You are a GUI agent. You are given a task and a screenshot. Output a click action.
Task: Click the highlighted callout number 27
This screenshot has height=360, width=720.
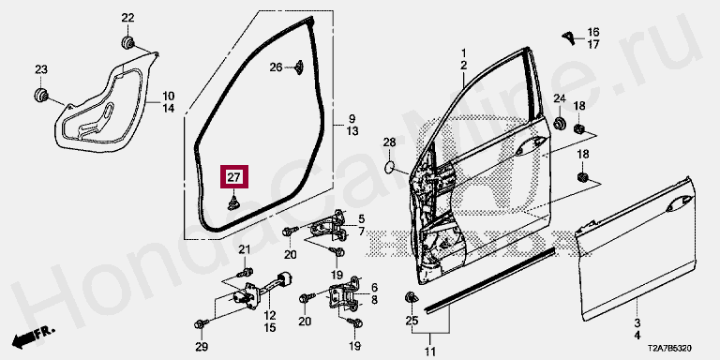pos(234,177)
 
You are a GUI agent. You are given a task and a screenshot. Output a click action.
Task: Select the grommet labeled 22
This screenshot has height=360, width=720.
pos(127,42)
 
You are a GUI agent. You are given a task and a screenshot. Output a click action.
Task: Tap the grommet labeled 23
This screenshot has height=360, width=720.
pos(42,94)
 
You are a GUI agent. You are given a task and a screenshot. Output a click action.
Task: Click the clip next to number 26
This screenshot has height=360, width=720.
pos(299,67)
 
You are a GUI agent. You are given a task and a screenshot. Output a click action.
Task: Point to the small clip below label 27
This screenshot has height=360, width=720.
pos(234,202)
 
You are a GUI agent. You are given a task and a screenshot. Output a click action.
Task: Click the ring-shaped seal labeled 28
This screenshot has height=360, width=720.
pos(389,168)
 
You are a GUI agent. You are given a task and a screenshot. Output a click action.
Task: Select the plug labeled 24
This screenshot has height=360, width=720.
pos(560,123)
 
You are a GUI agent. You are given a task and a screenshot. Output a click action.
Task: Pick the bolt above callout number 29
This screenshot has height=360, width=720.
pos(201,324)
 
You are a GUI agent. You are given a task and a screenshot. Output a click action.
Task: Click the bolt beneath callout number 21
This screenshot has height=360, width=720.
pos(245,273)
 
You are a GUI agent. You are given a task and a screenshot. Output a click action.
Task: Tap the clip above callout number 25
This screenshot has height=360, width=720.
pos(411,297)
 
